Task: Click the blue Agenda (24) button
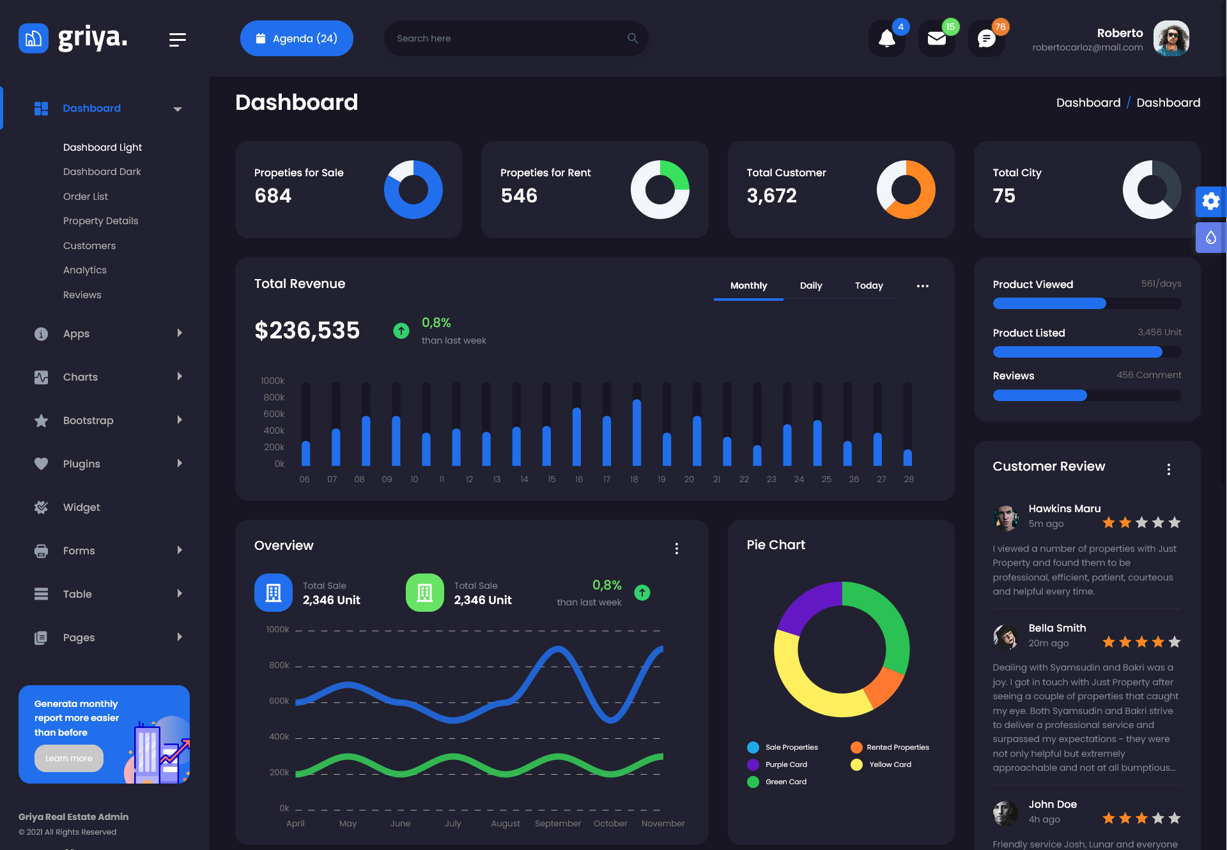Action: click(297, 38)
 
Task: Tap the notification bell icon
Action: click(886, 39)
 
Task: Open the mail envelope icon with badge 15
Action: click(936, 39)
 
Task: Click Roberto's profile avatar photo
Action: click(1171, 38)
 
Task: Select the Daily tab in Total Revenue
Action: click(811, 285)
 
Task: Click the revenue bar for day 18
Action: click(637, 432)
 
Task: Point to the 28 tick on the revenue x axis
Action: click(909, 479)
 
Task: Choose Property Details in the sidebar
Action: click(100, 221)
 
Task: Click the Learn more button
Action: click(69, 758)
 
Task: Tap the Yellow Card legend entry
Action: click(890, 764)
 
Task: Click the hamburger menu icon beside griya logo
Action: click(177, 40)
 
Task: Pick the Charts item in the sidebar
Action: click(81, 377)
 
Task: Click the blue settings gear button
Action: click(1210, 202)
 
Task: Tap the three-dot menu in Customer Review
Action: click(1169, 469)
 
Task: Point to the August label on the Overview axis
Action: click(505, 823)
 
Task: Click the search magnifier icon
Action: click(633, 38)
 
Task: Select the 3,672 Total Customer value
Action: click(771, 195)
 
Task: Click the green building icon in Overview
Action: click(424, 593)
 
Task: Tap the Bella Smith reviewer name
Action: click(1057, 628)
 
